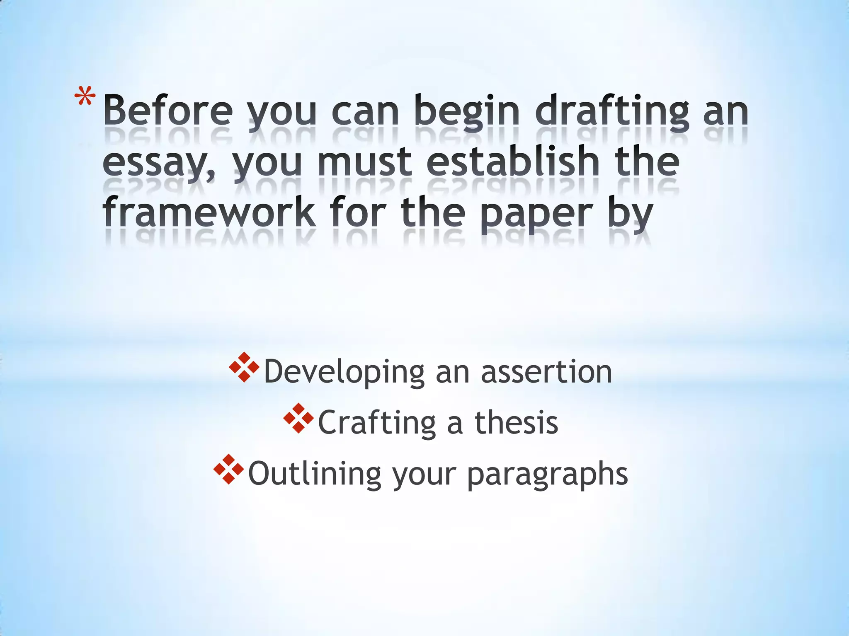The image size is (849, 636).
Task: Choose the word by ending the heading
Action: (x=630, y=213)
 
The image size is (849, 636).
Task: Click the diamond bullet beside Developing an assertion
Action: (x=244, y=367)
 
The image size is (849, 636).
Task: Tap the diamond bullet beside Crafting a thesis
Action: (x=298, y=418)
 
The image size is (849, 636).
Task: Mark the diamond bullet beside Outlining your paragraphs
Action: (x=228, y=469)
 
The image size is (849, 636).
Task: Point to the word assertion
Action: (x=546, y=371)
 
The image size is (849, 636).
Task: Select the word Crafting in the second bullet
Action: (x=377, y=422)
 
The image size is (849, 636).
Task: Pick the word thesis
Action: (x=516, y=422)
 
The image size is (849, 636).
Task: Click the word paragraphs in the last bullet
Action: (x=547, y=473)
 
